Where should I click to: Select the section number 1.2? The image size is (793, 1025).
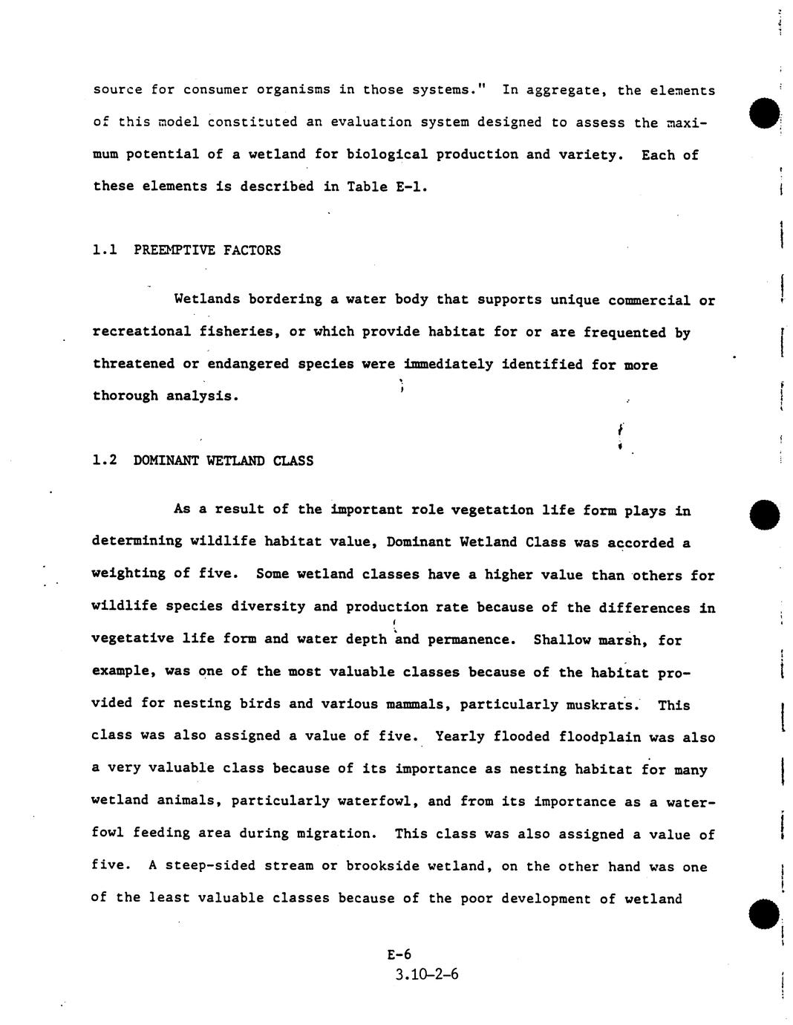105,461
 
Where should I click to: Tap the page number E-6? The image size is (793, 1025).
399,955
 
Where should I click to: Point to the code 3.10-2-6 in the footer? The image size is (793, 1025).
427,974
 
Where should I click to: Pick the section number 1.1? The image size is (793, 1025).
105,250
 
